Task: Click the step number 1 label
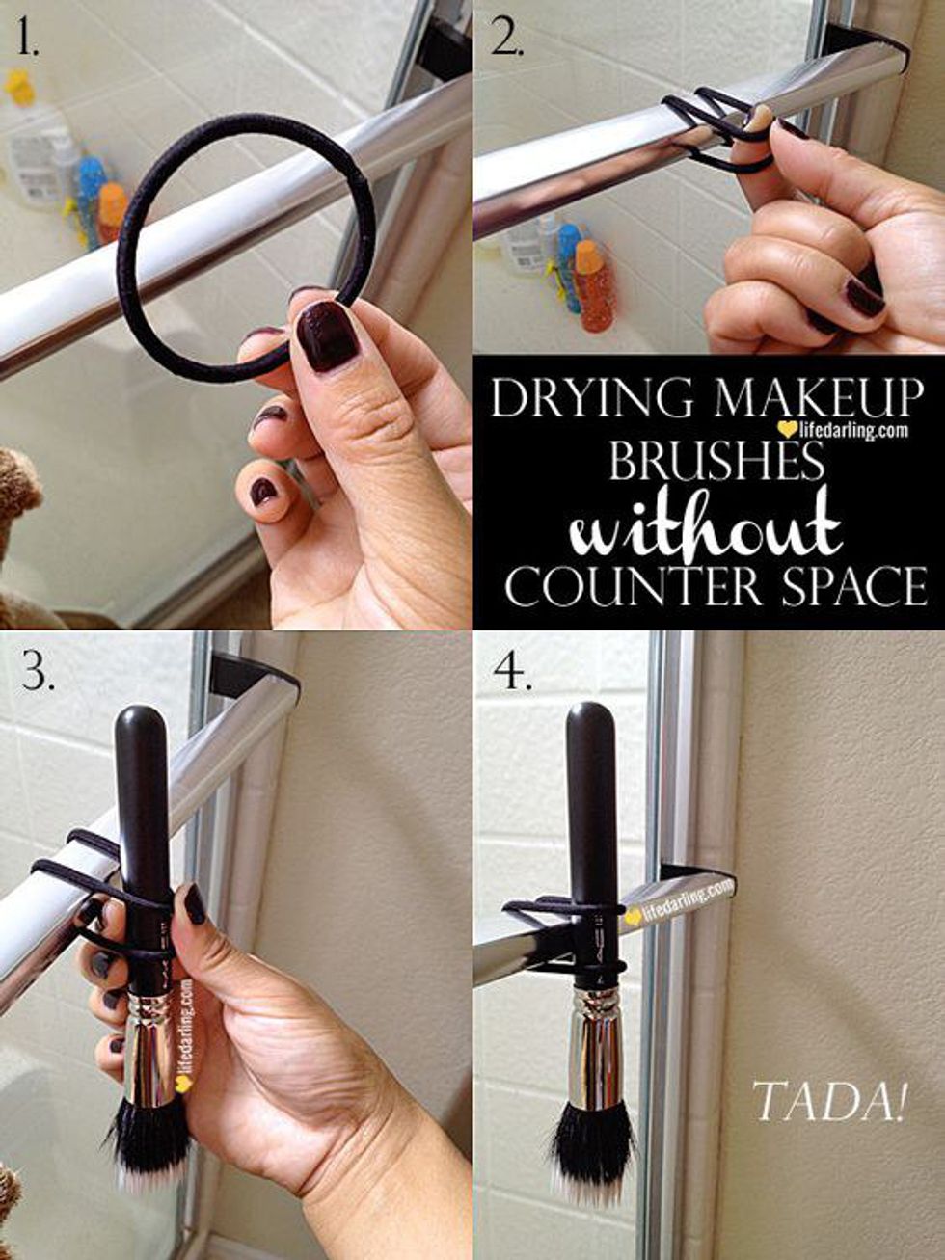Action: (28, 38)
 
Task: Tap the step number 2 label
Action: (507, 38)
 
